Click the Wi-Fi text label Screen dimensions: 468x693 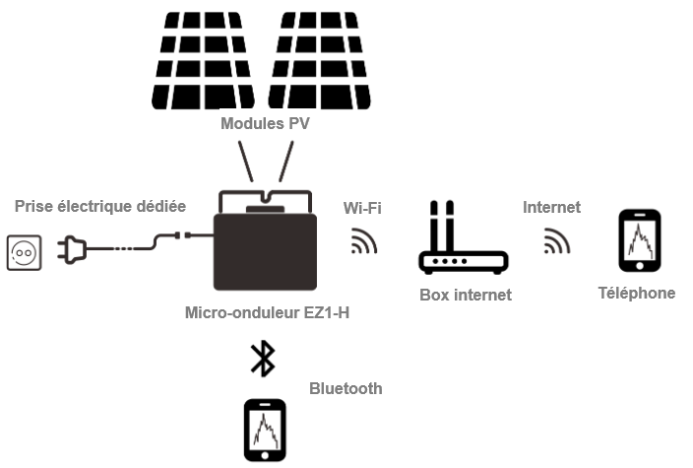coord(362,207)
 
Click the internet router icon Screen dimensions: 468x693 coord(463,251)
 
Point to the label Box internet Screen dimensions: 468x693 coord(466,294)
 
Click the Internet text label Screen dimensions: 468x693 coord(551,207)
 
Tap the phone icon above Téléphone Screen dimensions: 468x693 coord(638,239)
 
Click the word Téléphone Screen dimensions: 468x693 coord(637,293)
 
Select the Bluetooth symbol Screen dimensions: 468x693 coord(262,359)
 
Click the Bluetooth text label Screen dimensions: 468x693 coord(346,388)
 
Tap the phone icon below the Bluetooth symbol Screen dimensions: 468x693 coord(265,430)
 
